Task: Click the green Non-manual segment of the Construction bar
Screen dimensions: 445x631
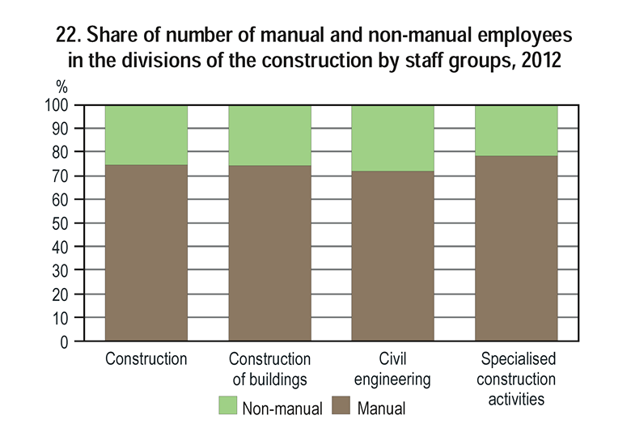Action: click(146, 134)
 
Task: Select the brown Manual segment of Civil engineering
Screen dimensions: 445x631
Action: click(393, 256)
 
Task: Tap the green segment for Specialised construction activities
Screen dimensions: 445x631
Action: click(516, 129)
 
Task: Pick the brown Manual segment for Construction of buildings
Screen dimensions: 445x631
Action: click(269, 253)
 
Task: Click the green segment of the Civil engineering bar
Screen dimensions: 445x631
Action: click(393, 138)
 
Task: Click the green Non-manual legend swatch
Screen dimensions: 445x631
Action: click(227, 407)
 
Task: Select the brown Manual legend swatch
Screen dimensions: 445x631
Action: click(340, 407)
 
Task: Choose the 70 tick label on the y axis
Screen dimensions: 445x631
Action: click(69, 176)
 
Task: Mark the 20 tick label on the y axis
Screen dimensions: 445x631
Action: click(69, 295)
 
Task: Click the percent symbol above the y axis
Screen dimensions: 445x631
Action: click(61, 87)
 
